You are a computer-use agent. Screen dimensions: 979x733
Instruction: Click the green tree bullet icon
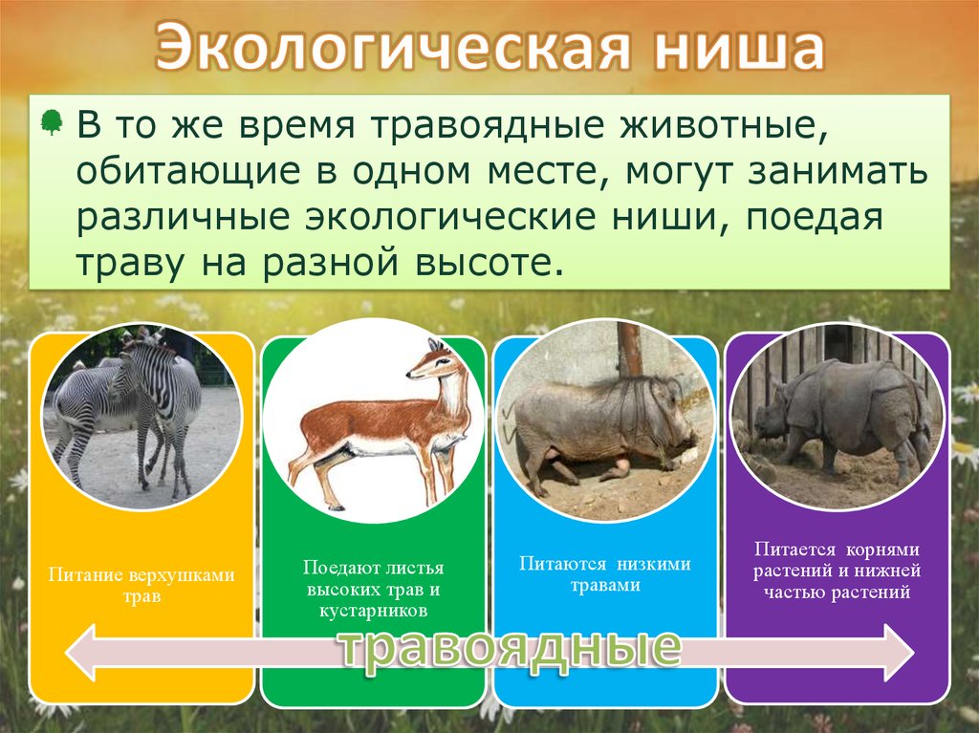(52, 122)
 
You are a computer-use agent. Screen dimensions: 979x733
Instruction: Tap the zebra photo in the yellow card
(141, 417)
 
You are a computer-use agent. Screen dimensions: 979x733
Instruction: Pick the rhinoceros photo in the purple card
(837, 417)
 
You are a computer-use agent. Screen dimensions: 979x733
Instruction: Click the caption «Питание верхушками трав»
(141, 585)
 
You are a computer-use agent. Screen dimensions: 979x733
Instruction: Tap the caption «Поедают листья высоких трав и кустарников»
(374, 589)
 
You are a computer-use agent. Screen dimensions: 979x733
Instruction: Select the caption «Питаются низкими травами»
(605, 574)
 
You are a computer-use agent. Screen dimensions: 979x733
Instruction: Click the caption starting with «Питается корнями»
(837, 570)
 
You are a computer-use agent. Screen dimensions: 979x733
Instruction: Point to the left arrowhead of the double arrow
(81, 653)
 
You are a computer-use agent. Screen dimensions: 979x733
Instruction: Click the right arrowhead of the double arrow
(899, 653)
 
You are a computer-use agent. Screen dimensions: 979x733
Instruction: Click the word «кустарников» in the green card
(374, 610)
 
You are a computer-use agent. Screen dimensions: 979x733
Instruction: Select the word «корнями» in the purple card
(882, 550)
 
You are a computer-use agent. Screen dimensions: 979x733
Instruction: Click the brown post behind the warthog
(629, 350)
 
